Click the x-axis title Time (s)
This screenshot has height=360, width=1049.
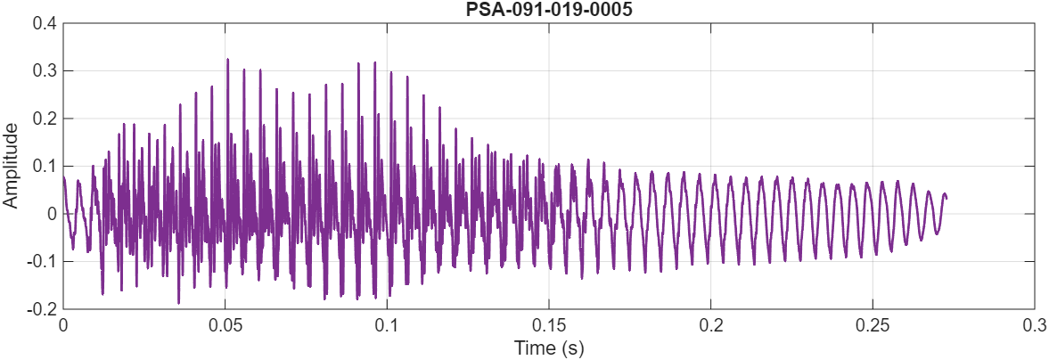[x=548, y=348]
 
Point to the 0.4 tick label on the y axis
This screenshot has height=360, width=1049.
[x=44, y=23]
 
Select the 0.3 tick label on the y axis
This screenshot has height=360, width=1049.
[x=44, y=70]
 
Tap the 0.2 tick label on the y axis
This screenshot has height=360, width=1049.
[x=44, y=119]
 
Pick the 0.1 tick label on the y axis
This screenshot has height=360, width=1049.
[x=44, y=166]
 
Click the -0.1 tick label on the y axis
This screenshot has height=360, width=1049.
[x=41, y=262]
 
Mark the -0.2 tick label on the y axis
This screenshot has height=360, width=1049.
[x=41, y=309]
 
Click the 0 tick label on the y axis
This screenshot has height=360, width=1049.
[x=52, y=214]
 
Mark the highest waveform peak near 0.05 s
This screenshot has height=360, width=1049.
[x=227, y=60]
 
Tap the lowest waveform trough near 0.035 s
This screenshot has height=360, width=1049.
[x=178, y=303]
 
